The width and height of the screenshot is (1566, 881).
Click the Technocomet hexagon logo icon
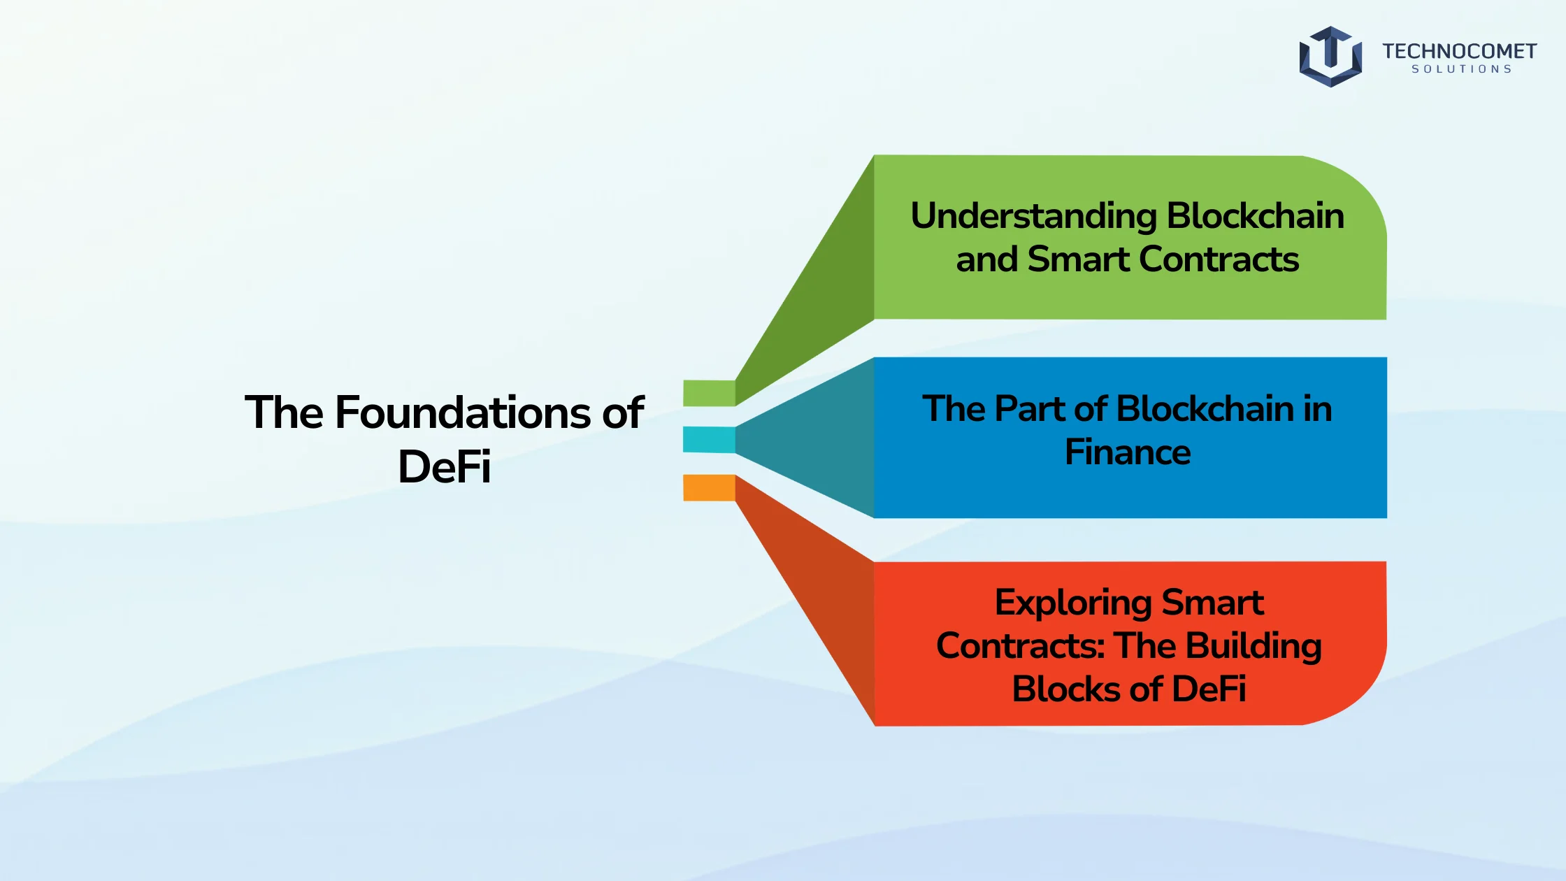tap(1330, 57)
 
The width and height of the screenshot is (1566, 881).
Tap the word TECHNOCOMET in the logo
tap(1459, 51)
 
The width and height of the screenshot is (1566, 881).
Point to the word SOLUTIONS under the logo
tap(1461, 69)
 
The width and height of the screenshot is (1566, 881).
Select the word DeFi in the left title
tap(444, 466)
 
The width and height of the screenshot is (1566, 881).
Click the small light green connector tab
tap(709, 393)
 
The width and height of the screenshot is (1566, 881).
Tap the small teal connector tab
tap(709, 440)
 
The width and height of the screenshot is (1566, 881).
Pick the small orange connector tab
tap(709, 488)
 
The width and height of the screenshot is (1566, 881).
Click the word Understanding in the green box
tap(1033, 216)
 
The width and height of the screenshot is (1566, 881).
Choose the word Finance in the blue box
tap(1128, 452)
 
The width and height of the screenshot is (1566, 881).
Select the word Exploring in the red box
tap(1073, 603)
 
